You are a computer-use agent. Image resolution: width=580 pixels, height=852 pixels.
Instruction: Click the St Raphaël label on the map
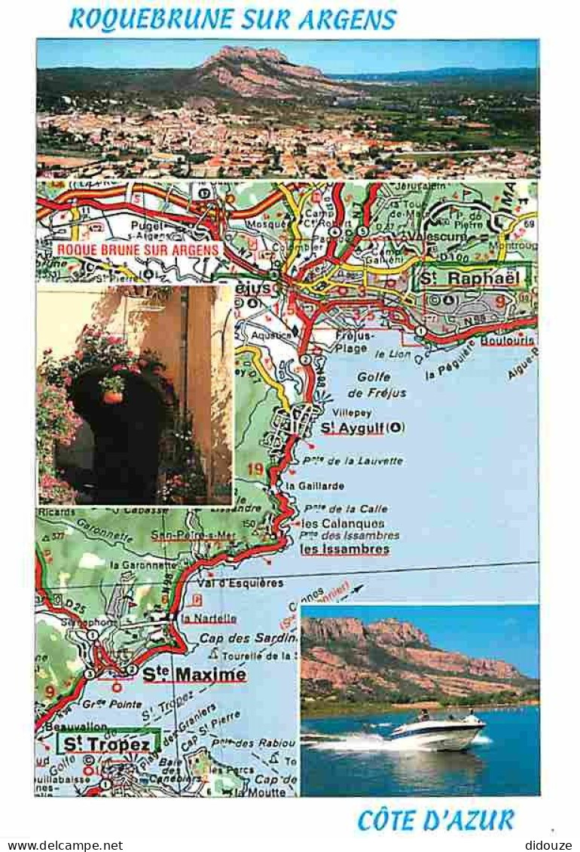pyautogui.click(x=471, y=278)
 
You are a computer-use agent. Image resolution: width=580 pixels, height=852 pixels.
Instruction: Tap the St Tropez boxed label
pyautogui.click(x=106, y=744)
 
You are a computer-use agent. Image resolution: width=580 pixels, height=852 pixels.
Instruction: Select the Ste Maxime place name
pyautogui.click(x=194, y=674)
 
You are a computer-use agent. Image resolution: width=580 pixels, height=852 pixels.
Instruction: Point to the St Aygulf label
pyautogui.click(x=362, y=428)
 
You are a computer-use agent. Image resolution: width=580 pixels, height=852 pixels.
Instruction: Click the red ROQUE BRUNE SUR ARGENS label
pyautogui.click(x=138, y=249)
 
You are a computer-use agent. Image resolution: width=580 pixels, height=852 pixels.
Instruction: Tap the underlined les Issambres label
pyautogui.click(x=345, y=549)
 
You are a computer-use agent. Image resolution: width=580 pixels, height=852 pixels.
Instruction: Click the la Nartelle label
pyautogui.click(x=209, y=619)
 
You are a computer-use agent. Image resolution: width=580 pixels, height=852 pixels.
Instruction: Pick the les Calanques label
pyautogui.click(x=343, y=523)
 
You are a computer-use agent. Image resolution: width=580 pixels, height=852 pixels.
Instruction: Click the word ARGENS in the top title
pyautogui.click(x=347, y=20)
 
